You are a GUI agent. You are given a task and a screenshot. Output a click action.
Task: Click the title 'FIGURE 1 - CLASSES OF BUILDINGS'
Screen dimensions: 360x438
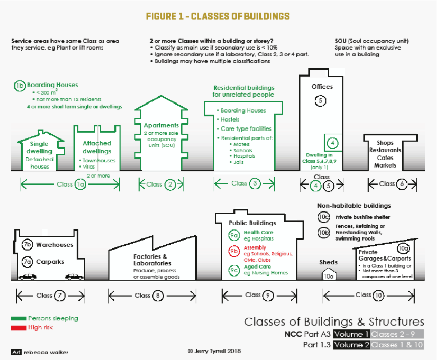point(217,16)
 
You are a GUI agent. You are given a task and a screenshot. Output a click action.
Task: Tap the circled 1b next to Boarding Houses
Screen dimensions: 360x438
point(20,85)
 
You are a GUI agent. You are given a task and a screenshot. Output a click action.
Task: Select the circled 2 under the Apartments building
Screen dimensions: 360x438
point(170,184)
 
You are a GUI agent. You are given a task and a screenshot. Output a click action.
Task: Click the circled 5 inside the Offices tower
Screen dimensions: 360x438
point(320,100)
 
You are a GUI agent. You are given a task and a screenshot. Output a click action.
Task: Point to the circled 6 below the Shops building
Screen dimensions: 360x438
point(403,184)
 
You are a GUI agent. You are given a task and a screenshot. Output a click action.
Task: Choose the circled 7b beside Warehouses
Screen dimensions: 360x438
point(28,245)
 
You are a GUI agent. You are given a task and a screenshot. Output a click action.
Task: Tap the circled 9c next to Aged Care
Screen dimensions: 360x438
point(234,270)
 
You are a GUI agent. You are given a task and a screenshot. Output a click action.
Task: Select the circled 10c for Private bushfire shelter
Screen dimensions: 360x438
point(323,216)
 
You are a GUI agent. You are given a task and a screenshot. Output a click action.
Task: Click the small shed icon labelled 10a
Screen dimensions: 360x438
point(328,274)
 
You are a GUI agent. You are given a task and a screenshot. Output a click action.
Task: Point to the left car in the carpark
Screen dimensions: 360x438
point(28,276)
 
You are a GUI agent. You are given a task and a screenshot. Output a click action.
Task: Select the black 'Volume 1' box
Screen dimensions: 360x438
point(351,334)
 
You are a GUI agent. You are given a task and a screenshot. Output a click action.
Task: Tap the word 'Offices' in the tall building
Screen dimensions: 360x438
point(323,87)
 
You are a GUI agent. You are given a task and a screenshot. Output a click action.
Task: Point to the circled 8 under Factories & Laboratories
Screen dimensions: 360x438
point(158,296)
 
